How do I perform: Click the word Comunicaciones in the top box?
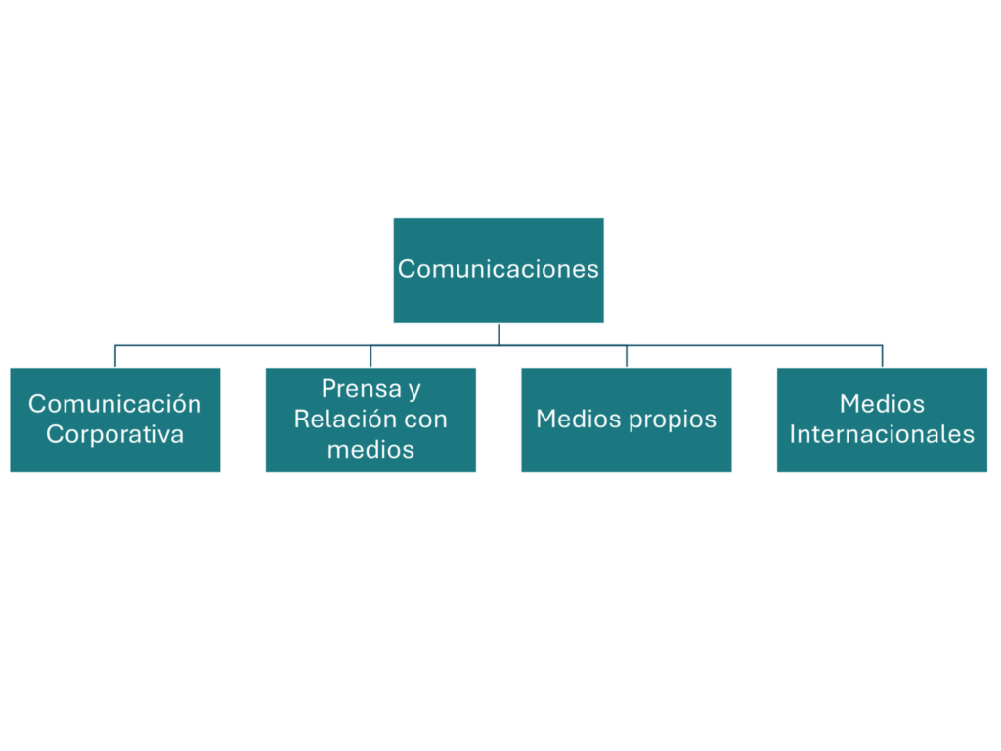click(499, 269)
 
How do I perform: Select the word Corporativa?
click(114, 434)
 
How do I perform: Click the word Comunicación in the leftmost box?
click(114, 404)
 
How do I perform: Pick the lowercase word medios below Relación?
click(370, 450)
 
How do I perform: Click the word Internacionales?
click(882, 434)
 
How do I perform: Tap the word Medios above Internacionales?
click(882, 404)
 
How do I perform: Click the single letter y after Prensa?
click(414, 390)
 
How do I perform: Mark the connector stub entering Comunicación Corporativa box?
click(115, 357)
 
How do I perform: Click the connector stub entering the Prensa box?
click(370, 357)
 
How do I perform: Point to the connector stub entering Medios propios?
click(626, 357)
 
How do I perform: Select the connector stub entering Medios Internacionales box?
click(882, 357)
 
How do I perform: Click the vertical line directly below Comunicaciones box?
click(499, 334)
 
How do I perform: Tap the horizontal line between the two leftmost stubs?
click(242, 346)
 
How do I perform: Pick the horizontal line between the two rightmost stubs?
click(754, 346)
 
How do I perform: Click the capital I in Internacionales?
click(793, 434)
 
